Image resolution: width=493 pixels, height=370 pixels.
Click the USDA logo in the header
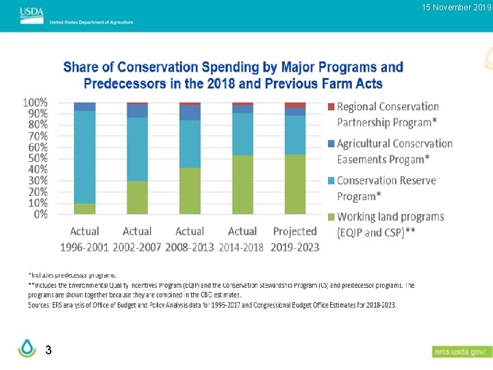tap(31, 12)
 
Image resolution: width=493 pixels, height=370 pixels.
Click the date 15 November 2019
tap(457, 8)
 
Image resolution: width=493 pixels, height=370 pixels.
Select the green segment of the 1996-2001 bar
tap(85, 209)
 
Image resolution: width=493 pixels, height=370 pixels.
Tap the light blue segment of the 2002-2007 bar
tap(137, 149)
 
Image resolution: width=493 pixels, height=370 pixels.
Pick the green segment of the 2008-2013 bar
tap(190, 190)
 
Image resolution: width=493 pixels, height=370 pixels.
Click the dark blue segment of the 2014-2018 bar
tap(242, 109)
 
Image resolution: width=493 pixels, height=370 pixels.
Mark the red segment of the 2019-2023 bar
tap(295, 105)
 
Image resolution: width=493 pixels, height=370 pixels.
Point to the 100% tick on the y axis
tap(36, 102)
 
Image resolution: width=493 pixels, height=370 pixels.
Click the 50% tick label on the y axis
tap(38, 158)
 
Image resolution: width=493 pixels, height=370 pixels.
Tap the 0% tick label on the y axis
tap(40, 214)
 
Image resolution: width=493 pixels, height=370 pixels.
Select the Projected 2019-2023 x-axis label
tap(294, 239)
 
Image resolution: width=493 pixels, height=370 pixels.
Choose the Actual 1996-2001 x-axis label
tap(84, 239)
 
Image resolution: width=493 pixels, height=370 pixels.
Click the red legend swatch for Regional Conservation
tap(331, 107)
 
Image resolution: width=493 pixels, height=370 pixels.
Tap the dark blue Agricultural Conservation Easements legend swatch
tap(331, 144)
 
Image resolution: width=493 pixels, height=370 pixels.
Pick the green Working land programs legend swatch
tap(331, 217)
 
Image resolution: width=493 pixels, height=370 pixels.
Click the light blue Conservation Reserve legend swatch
tap(331, 181)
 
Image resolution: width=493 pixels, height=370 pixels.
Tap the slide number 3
tap(48, 350)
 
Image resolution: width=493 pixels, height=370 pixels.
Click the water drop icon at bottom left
tap(27, 349)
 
